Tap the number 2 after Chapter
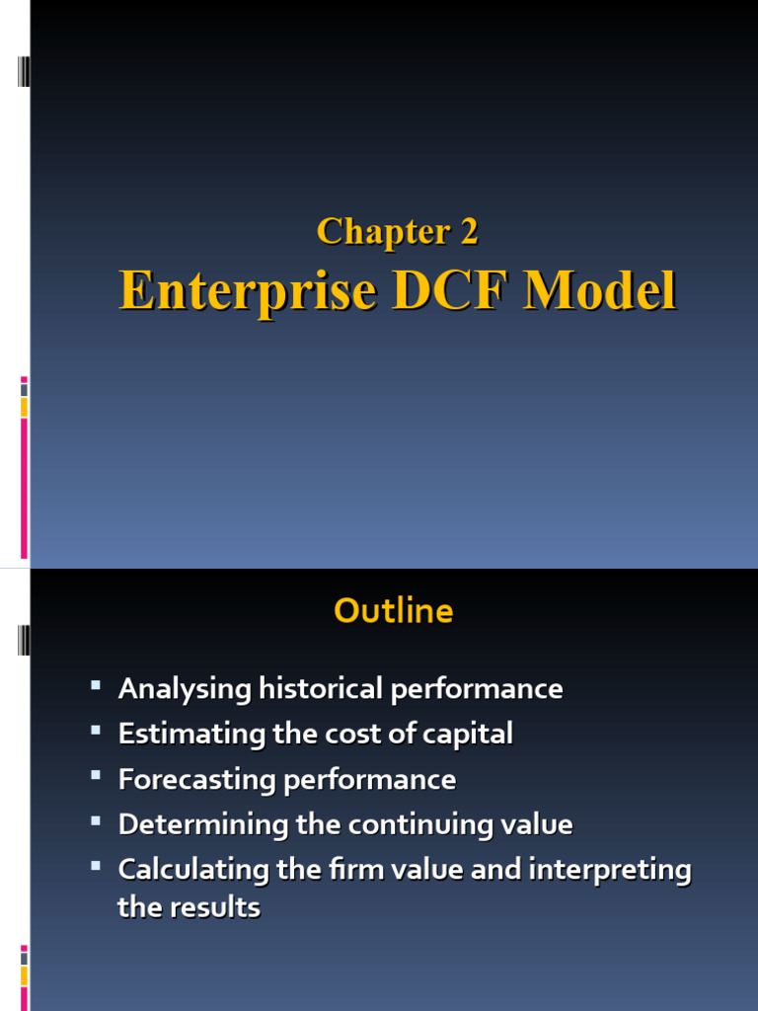pos(468,232)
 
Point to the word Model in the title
pos(601,292)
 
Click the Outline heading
pos(393,611)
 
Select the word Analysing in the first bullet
pos(185,689)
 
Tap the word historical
pos(322,689)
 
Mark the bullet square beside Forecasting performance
pos(95,776)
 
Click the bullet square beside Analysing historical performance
pos(95,685)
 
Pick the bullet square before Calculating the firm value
pos(95,867)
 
